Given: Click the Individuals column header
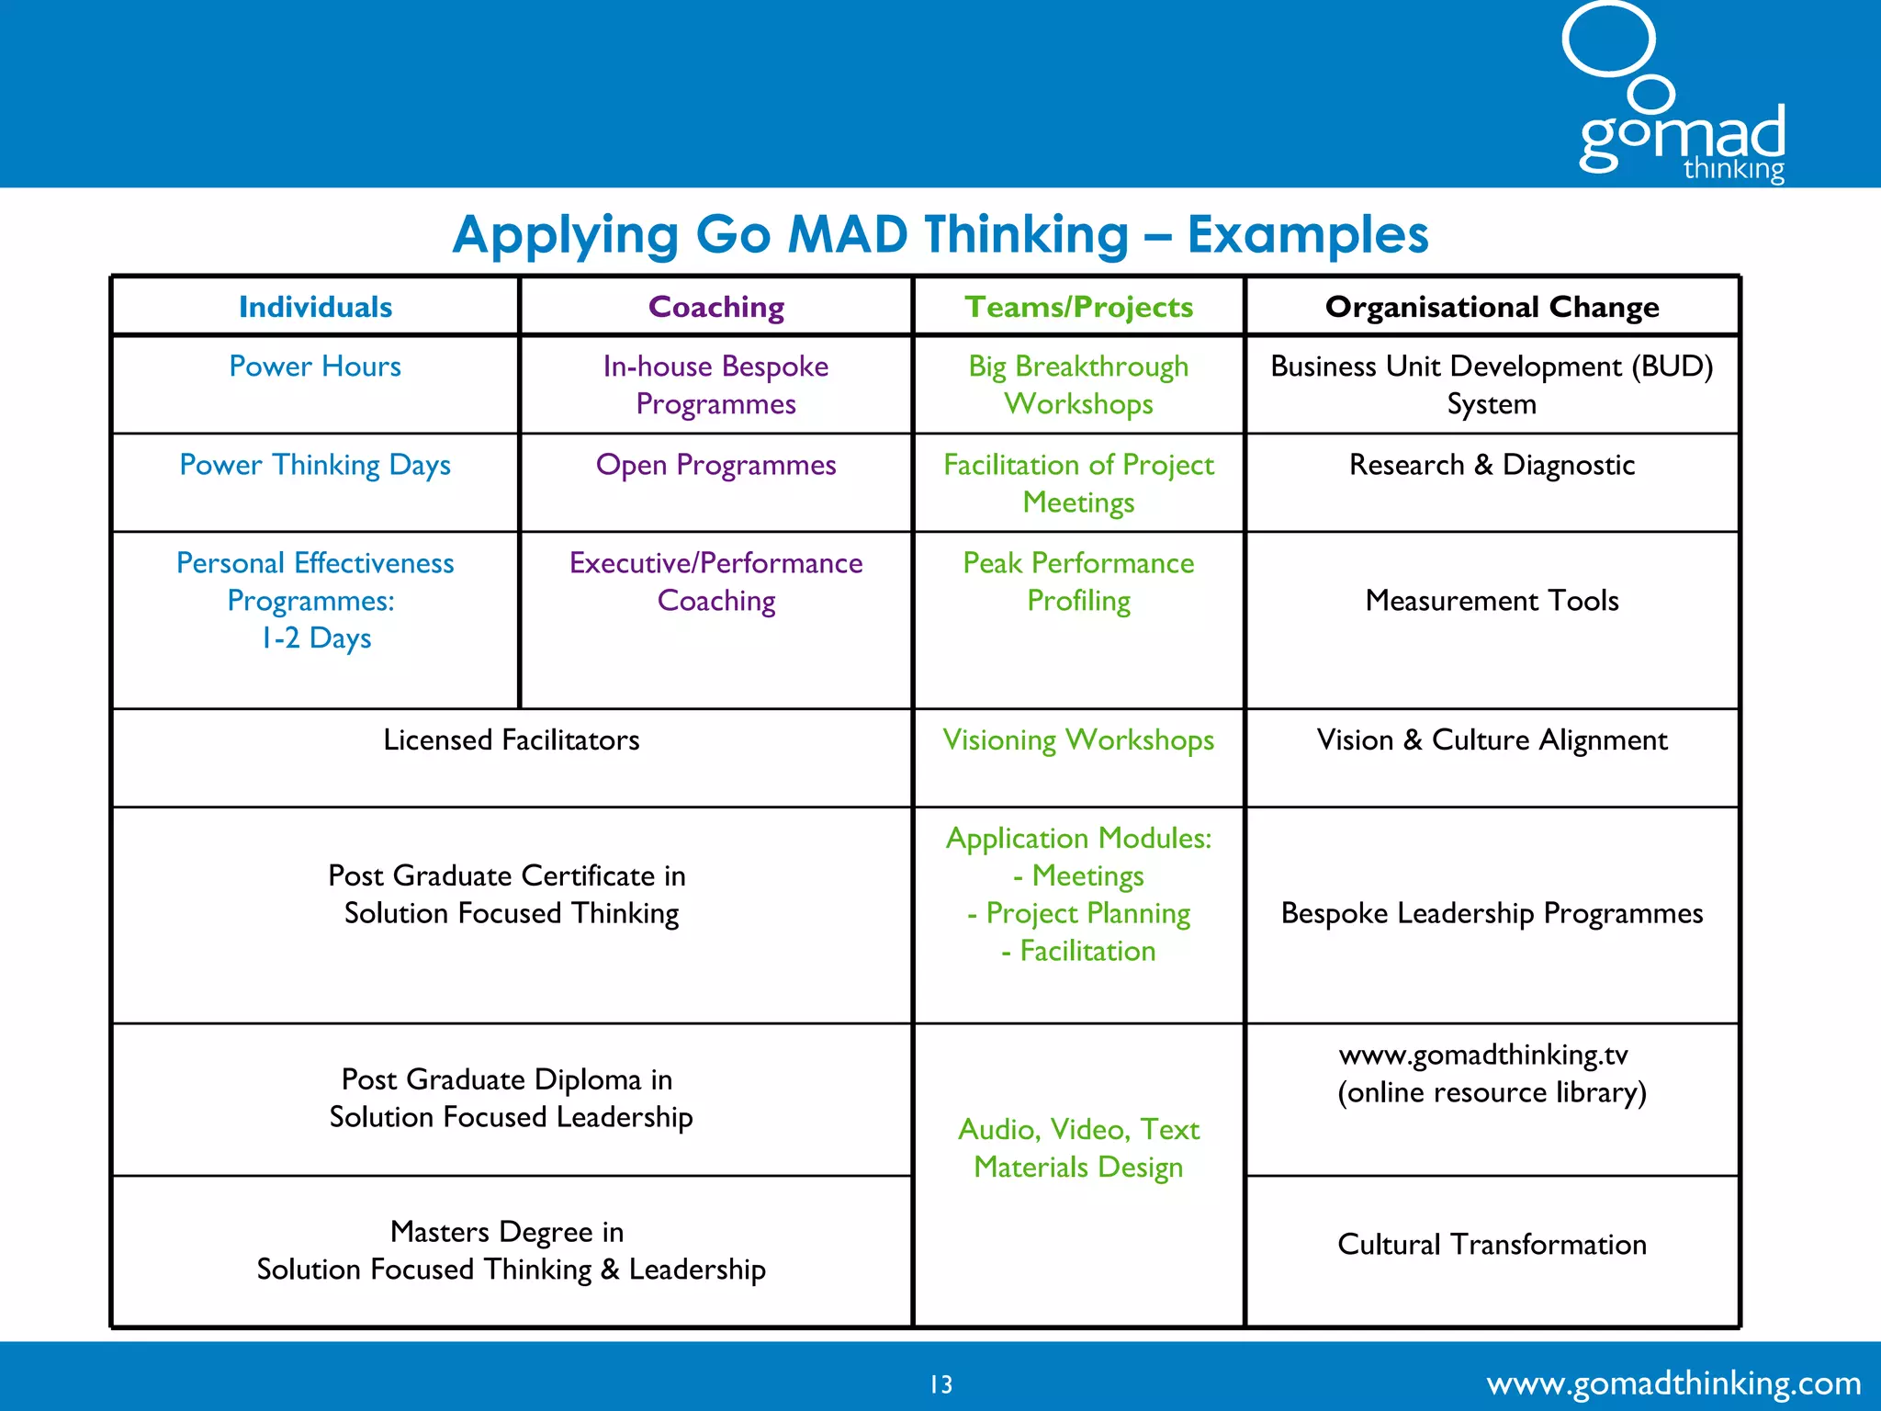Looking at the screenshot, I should click(x=315, y=307).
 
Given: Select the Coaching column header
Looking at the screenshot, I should click(x=716, y=307).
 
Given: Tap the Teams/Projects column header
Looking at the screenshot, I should click(x=1078, y=307).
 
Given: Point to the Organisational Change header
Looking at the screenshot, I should click(x=1492, y=307).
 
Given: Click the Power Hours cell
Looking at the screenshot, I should click(x=315, y=367).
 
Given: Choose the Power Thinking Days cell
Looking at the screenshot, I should click(x=315, y=465).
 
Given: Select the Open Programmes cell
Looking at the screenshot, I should click(x=716, y=465).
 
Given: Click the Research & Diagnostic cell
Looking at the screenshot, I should click(x=1492, y=465).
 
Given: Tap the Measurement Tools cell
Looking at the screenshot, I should click(x=1492, y=601).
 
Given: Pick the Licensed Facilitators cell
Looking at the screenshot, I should click(x=512, y=740).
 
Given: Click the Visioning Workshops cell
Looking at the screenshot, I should click(x=1078, y=740).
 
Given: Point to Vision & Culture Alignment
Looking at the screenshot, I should click(x=1492, y=740).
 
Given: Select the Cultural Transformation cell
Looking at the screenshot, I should click(x=1492, y=1245).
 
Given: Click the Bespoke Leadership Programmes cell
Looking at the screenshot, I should click(x=1492, y=914).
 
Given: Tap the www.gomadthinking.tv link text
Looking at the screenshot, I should click(x=1483, y=1055).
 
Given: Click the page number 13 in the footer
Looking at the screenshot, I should click(x=941, y=1384).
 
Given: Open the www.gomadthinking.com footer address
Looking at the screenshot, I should click(x=1673, y=1383).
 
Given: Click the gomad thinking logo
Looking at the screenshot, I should click(x=1681, y=101).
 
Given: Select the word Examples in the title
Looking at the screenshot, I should click(x=1308, y=235).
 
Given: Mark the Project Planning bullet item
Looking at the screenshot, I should click(x=1087, y=914).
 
